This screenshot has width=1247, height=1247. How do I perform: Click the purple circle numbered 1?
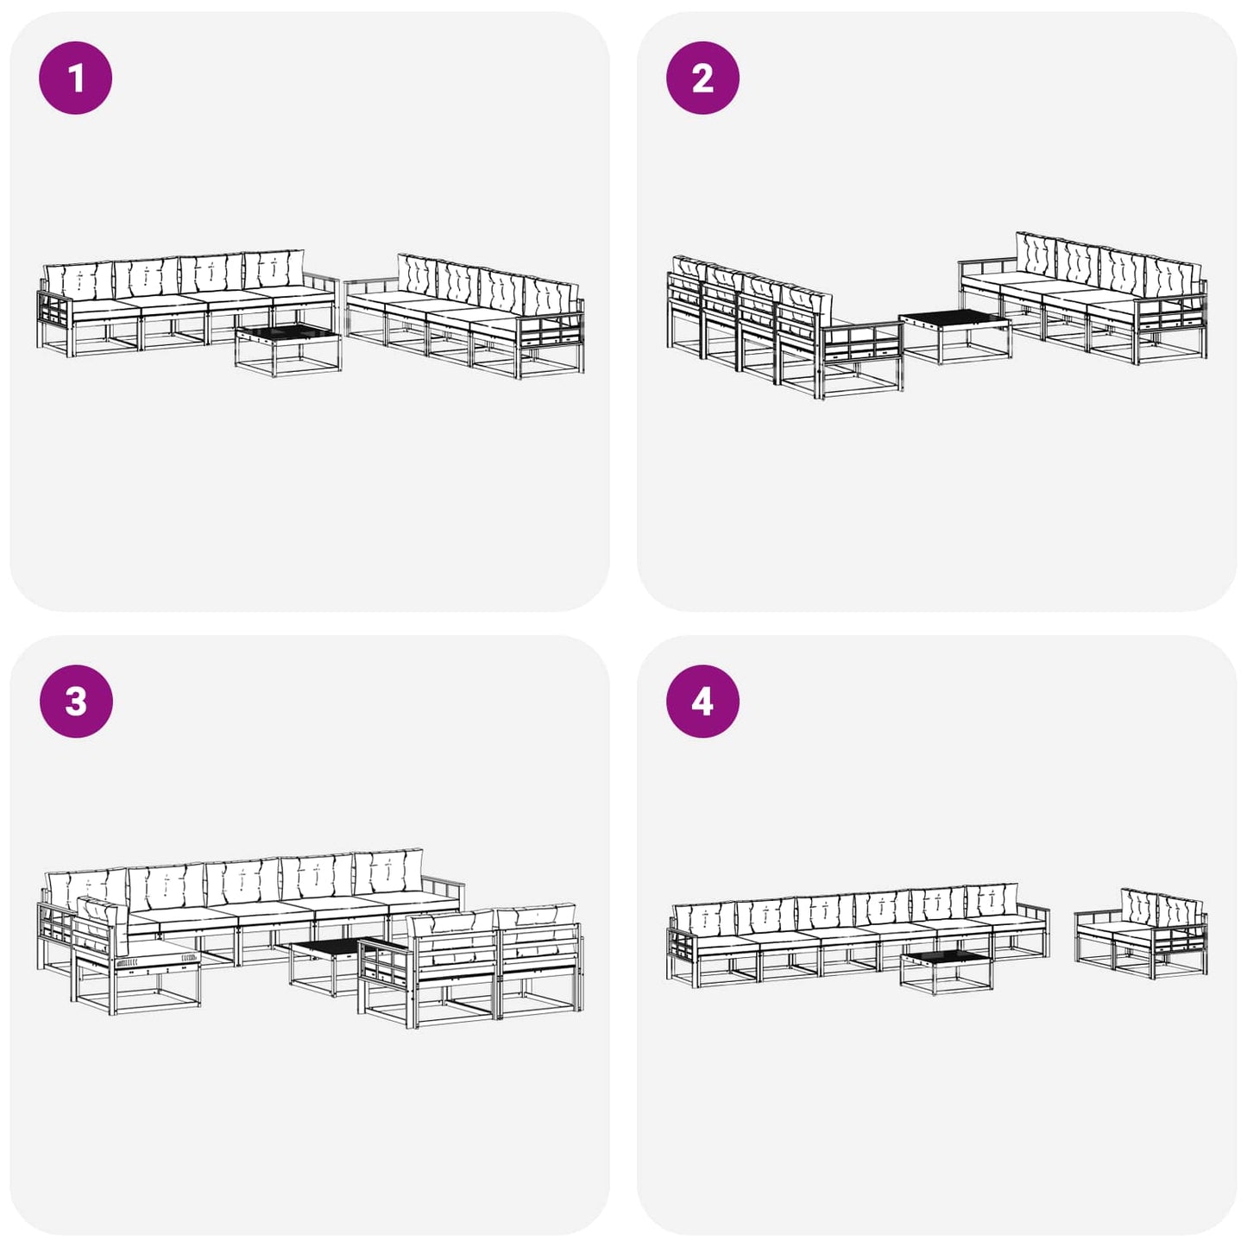tap(76, 79)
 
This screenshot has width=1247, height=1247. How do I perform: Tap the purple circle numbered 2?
tap(702, 79)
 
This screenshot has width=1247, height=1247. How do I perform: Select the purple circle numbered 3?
tap(76, 702)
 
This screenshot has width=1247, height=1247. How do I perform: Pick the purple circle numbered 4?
tap(702, 702)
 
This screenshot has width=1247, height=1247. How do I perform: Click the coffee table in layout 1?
tap(288, 350)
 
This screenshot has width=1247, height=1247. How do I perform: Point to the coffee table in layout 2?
tap(955, 337)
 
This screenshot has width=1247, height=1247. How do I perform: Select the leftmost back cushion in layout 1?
tap(79, 280)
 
